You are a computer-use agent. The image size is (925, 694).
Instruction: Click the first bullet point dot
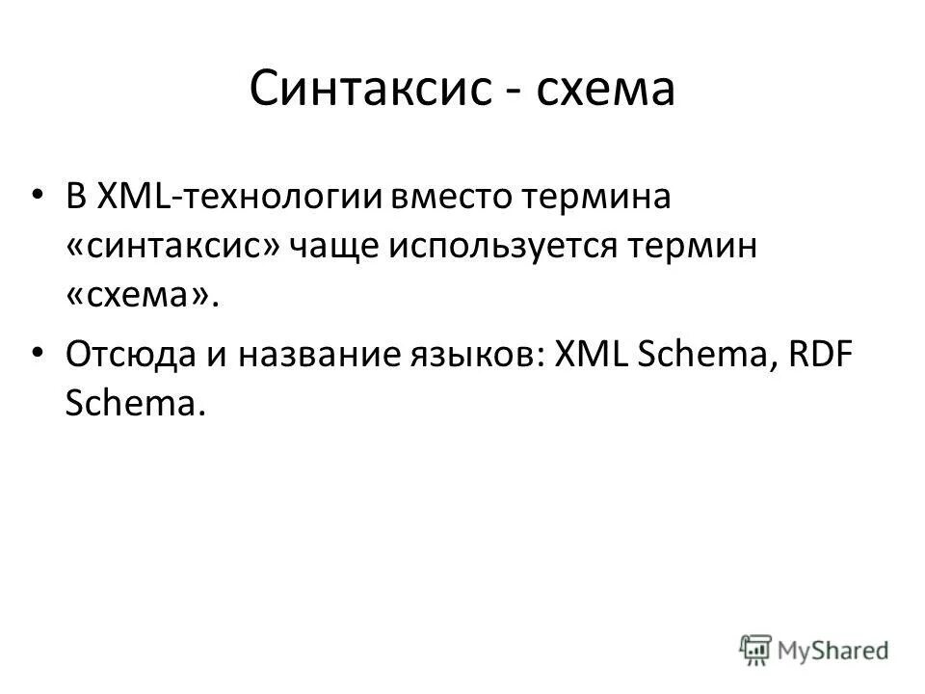pyautogui.click(x=37, y=195)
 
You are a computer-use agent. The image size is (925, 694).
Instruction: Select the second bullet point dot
pyautogui.click(x=37, y=353)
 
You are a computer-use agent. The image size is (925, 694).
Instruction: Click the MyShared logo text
pyautogui.click(x=833, y=649)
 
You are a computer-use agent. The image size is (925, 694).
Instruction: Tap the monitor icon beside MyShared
pyautogui.click(x=757, y=649)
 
